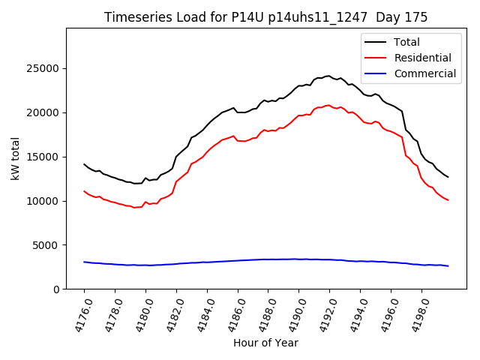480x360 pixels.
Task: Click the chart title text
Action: point(265,17)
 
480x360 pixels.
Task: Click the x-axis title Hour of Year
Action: point(265,343)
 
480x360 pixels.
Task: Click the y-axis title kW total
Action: point(15,158)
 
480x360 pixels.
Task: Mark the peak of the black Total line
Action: point(329,76)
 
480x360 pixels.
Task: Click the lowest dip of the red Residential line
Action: point(134,207)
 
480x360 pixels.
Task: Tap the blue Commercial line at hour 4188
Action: point(268,259)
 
